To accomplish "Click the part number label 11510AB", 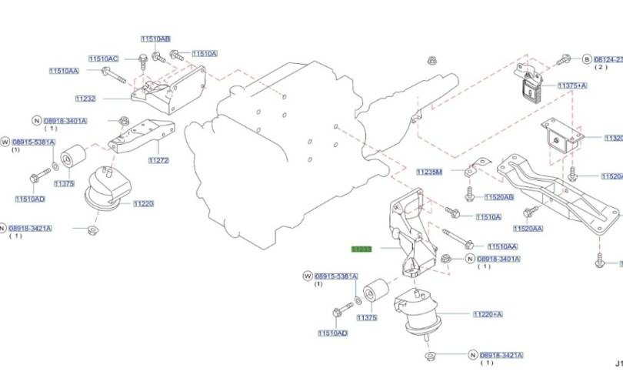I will click(155, 38).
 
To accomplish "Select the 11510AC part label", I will click(103, 59).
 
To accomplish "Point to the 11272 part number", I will click(158, 160).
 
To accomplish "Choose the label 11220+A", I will click(488, 314).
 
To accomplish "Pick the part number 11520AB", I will click(500, 197).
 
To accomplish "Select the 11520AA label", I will click(528, 229).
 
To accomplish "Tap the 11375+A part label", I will click(572, 85).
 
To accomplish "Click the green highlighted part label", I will click(361, 249).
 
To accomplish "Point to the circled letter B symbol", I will click(586, 59).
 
